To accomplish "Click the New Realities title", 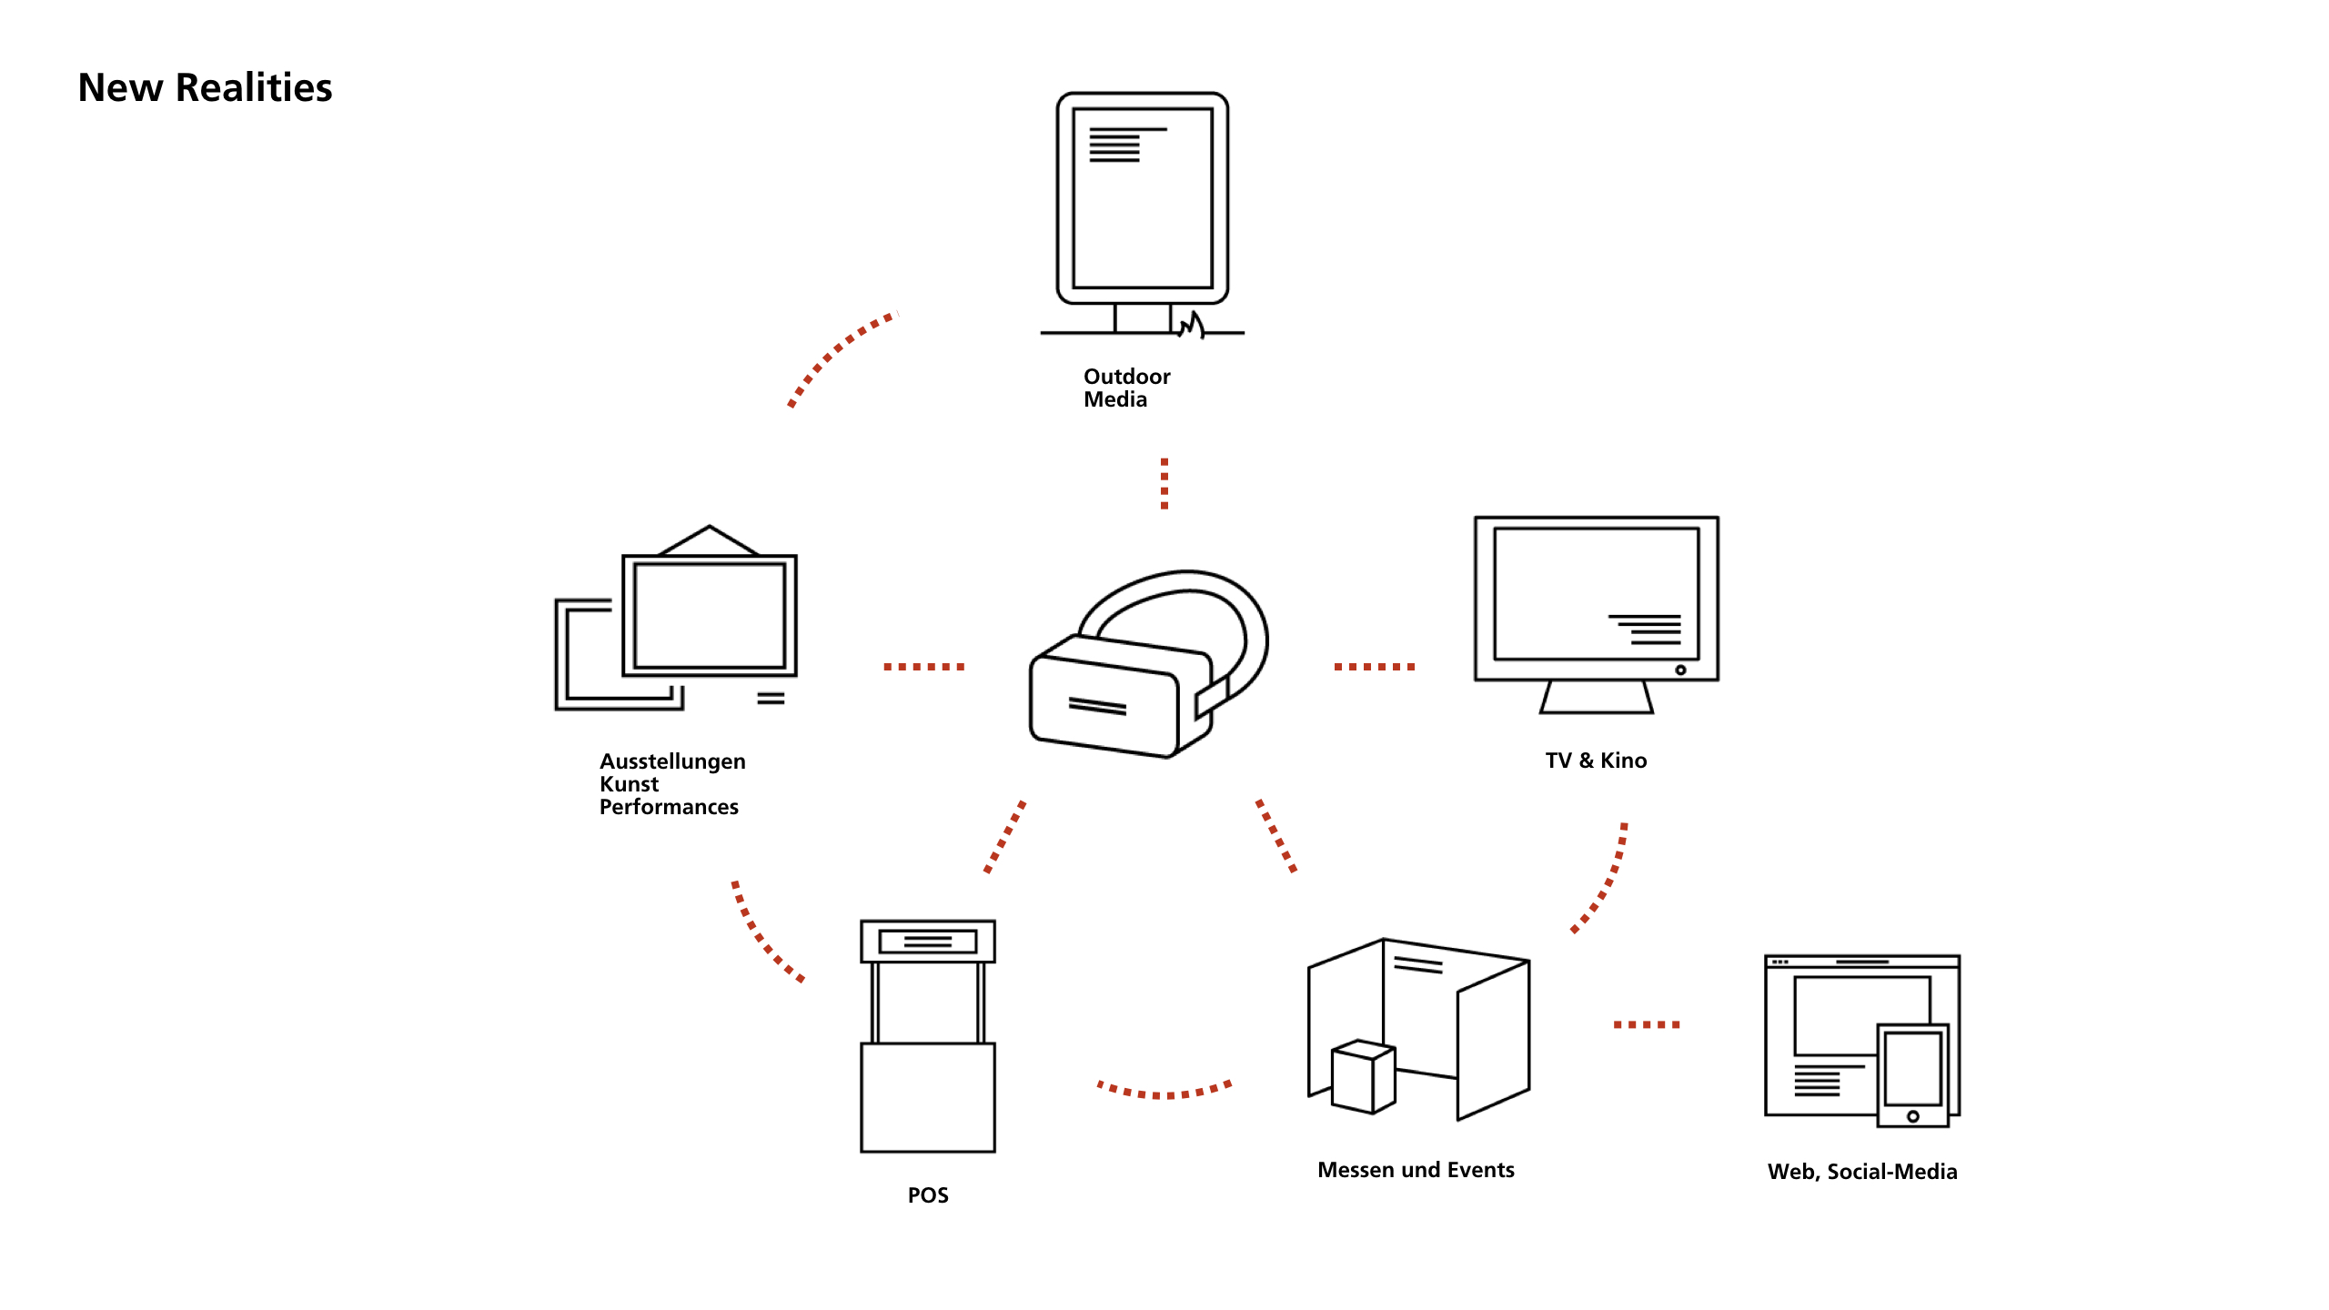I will (205, 87).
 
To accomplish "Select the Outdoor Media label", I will (1126, 388).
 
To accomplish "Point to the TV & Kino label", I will (1596, 761).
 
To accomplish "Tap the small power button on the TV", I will (1680, 670).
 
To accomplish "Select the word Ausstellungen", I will (672, 761).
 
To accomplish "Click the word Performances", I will (669, 807).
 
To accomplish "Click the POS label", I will (928, 1195).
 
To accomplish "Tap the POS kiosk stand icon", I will (928, 1037).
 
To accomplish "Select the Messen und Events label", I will (1416, 1170).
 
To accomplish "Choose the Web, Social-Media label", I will (1862, 1172).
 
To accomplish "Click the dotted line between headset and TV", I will (1374, 667).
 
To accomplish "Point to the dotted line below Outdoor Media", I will (1164, 483).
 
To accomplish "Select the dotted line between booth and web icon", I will (1647, 1024).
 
